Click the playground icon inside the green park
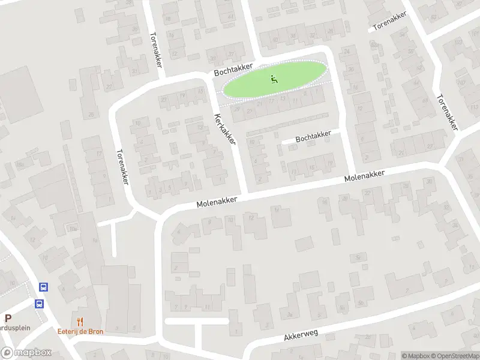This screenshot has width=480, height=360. point(274,78)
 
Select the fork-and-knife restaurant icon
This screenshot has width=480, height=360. point(80,322)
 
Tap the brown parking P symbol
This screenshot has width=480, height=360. point(8,319)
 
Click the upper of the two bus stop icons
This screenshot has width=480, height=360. point(43,287)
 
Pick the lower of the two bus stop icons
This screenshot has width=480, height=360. point(39,304)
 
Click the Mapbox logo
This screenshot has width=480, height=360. point(26,353)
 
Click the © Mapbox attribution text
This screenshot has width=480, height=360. point(415,356)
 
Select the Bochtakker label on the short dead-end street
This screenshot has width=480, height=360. point(313,137)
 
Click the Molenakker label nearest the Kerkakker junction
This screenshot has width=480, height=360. point(217,202)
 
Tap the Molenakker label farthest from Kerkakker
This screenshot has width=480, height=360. point(364,176)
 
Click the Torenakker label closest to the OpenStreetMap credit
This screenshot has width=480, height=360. point(447,112)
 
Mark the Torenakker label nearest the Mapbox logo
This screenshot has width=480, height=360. point(121,167)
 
